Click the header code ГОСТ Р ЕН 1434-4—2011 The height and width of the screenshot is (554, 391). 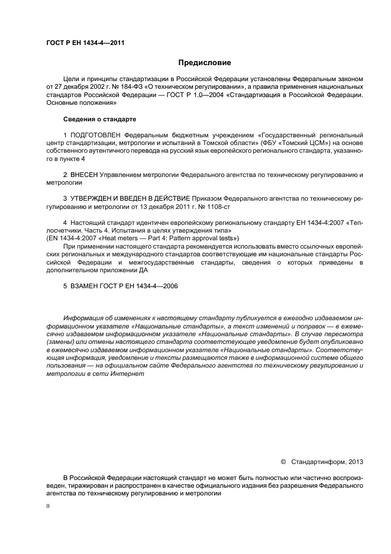click(85, 42)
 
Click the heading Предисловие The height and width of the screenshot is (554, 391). click(205, 62)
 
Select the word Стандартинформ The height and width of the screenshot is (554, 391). click(318, 460)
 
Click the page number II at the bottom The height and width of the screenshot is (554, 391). click(48, 507)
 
